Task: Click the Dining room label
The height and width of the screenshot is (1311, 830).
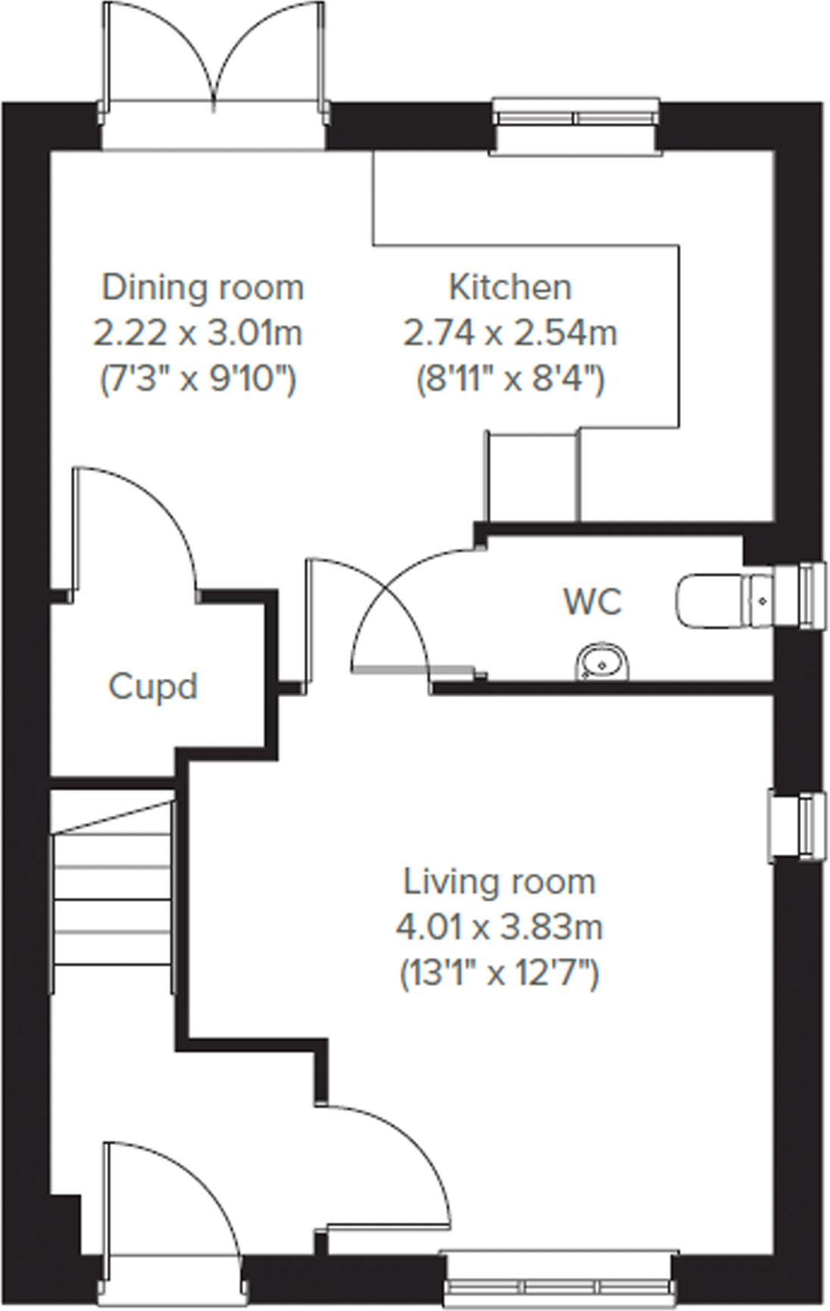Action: tap(202, 288)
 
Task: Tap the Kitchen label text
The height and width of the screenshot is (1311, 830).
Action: tap(510, 288)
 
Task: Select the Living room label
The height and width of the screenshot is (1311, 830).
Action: tap(499, 882)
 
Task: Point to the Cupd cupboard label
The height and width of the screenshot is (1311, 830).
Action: tap(153, 687)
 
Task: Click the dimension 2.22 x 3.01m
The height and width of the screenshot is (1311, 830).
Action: tap(198, 333)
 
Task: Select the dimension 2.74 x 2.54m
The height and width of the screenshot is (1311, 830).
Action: tap(510, 333)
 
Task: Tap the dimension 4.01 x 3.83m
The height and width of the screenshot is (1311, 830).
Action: tap(499, 927)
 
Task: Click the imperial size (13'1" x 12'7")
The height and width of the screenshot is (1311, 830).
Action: tap(499, 972)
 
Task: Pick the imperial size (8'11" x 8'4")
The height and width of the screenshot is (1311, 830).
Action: tap(510, 377)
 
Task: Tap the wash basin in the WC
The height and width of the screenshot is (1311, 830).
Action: tap(604, 662)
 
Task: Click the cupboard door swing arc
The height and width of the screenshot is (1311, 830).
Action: tap(151, 523)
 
